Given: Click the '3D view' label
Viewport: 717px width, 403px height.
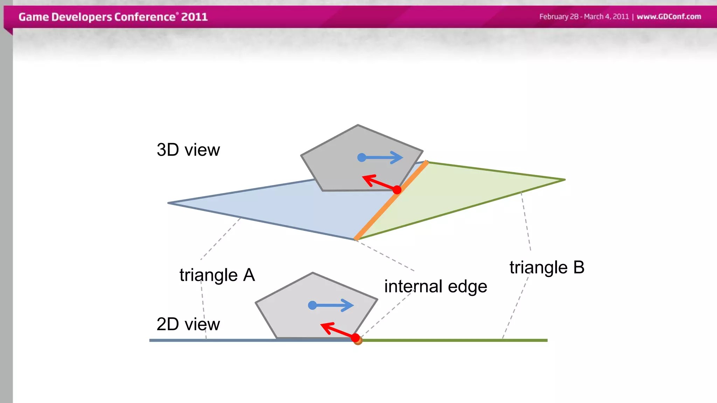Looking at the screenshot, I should [x=188, y=150].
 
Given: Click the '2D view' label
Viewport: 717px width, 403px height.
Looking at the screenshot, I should [x=188, y=324].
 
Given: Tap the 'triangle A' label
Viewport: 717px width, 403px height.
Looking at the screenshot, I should [x=217, y=275].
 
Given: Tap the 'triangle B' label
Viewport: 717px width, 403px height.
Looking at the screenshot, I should [x=547, y=268].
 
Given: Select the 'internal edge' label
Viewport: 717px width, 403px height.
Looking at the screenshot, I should [x=436, y=287].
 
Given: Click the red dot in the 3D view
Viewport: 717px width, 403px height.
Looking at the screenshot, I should [x=397, y=190].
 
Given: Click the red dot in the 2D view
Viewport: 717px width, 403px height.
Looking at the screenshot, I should [x=355, y=338].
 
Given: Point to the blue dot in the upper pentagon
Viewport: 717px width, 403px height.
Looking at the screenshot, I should [x=362, y=157].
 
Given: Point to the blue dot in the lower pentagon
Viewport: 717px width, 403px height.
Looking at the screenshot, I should [x=312, y=305].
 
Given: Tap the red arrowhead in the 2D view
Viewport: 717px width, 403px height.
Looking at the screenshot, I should [x=326, y=327].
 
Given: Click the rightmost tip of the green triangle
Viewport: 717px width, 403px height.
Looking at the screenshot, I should [x=564, y=180].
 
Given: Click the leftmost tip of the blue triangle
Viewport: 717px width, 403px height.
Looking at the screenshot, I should [x=169, y=203].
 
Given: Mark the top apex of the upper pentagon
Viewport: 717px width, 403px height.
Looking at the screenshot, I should [x=358, y=125].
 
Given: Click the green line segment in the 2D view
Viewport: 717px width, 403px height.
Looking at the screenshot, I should [x=455, y=340].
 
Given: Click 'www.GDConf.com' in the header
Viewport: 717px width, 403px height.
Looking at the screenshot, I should [x=669, y=16].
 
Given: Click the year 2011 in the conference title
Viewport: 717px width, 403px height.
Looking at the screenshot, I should [x=194, y=17].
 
